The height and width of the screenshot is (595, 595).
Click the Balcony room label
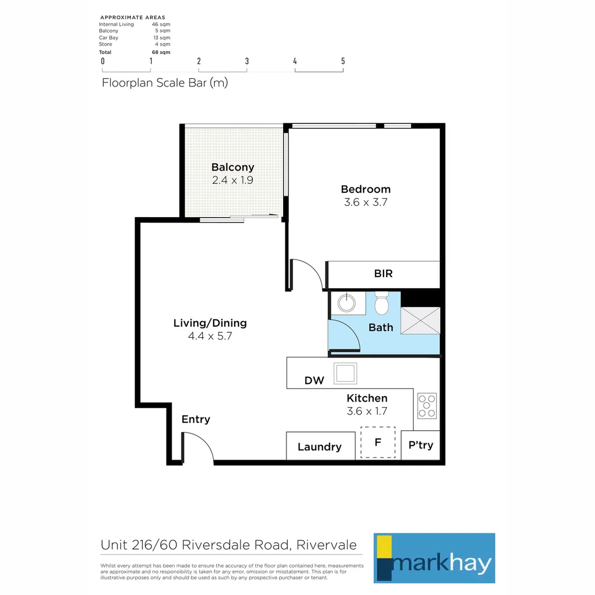click(x=232, y=167)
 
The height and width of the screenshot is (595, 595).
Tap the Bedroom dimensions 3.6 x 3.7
click(x=366, y=202)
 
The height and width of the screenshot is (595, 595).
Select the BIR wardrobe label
click(x=383, y=274)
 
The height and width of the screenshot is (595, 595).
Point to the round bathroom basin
click(x=348, y=302)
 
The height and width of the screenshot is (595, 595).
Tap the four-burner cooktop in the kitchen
click(x=426, y=405)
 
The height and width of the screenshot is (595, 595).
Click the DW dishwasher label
click(x=314, y=381)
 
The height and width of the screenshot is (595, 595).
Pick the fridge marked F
click(x=378, y=442)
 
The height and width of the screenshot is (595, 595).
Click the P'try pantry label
click(x=420, y=445)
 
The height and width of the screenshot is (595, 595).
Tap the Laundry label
click(x=320, y=447)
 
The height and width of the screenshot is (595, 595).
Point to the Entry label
click(x=196, y=419)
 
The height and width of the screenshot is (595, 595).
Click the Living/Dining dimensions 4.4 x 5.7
click(x=210, y=336)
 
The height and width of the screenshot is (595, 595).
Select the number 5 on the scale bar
click(x=343, y=61)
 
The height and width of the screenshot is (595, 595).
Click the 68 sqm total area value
click(x=161, y=52)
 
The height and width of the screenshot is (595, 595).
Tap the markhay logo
click(x=434, y=558)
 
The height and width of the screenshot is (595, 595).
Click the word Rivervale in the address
click(x=326, y=545)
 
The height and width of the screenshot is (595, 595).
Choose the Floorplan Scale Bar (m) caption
click(x=165, y=83)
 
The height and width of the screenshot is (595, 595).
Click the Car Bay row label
click(x=109, y=37)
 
